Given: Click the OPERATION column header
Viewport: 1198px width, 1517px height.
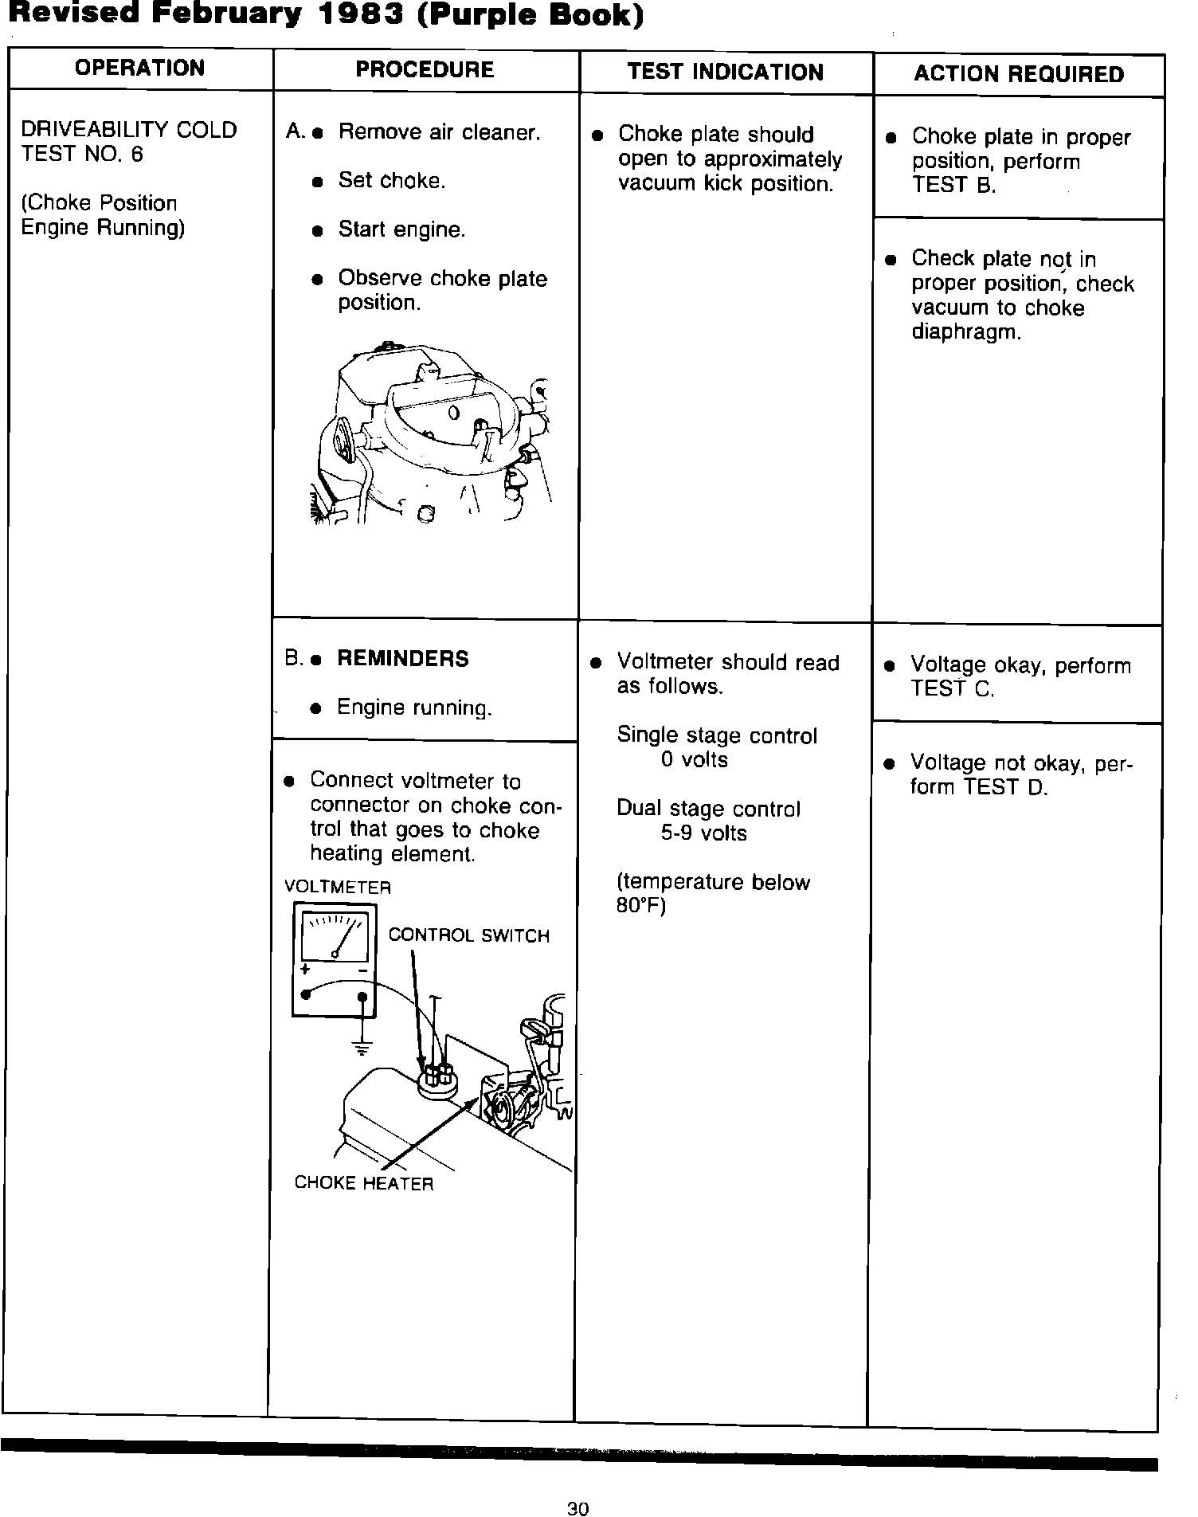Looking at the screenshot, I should [139, 69].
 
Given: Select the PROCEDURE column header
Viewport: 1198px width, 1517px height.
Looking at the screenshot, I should [425, 70].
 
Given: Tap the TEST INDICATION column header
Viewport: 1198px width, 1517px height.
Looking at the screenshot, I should [725, 73].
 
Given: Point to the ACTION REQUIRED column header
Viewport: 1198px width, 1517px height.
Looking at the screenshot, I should [1019, 75].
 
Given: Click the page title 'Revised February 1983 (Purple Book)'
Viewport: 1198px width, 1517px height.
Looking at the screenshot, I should [325, 16].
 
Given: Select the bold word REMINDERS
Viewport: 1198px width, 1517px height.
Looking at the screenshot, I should [403, 659].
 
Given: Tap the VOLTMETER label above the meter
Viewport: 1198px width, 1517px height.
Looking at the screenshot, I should [338, 887].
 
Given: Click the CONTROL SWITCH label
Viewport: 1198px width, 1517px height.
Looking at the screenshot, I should [468, 935].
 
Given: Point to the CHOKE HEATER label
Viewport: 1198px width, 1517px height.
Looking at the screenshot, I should [363, 1183].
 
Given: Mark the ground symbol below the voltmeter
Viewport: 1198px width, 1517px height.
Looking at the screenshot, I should [362, 1048].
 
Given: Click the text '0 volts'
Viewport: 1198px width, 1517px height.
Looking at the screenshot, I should [694, 760].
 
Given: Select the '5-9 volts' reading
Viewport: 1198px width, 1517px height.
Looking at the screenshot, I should [703, 833].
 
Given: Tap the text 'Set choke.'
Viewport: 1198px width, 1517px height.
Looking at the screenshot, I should [391, 181].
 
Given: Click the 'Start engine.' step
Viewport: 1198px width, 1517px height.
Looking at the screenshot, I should [401, 230].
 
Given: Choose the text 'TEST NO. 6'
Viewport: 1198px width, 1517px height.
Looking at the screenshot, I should [82, 154].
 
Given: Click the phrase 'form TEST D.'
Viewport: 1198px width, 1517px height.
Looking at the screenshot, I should [979, 787].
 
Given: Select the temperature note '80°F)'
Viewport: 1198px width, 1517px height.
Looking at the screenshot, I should [640, 907].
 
